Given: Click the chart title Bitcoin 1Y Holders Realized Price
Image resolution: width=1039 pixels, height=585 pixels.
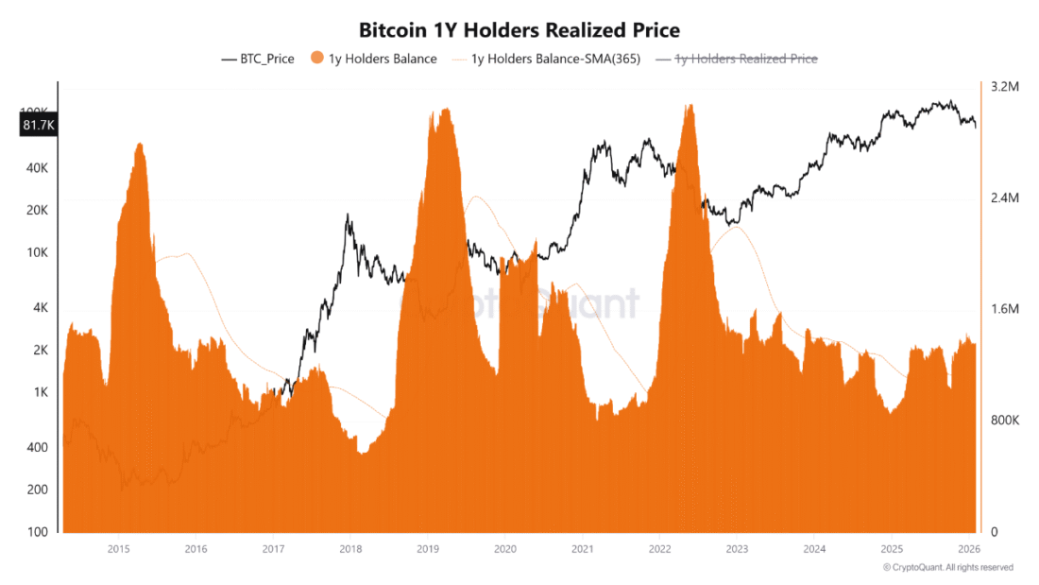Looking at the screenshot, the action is pyautogui.click(x=519, y=30).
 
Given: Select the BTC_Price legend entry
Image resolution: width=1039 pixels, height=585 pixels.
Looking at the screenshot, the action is pyautogui.click(x=258, y=59).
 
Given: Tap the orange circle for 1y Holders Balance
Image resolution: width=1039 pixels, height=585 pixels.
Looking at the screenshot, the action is pyautogui.click(x=317, y=58).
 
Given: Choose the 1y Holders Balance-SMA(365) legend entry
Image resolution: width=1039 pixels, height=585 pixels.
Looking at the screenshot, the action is pyautogui.click(x=546, y=59).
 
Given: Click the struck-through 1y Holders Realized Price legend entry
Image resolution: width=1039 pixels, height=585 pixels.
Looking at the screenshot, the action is pyautogui.click(x=736, y=59).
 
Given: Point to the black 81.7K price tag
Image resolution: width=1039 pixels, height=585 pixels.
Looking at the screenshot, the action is pyautogui.click(x=39, y=125).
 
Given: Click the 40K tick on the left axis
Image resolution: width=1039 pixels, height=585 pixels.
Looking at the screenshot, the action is pyautogui.click(x=37, y=168).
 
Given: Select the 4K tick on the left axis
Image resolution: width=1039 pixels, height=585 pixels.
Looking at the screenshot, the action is pyautogui.click(x=41, y=308).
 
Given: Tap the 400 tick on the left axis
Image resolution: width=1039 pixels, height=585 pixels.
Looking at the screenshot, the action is pyautogui.click(x=37, y=448).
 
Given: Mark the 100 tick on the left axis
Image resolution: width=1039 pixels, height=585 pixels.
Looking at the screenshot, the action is pyautogui.click(x=37, y=532).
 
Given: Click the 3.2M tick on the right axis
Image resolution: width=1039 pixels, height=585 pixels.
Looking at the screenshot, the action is pyautogui.click(x=1005, y=87).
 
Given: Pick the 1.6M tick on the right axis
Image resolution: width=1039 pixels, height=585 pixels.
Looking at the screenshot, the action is pyautogui.click(x=1005, y=309).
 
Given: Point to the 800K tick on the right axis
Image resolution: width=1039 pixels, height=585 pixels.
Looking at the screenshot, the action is pyautogui.click(x=1005, y=421).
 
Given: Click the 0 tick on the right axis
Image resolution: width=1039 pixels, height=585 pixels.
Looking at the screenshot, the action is pyautogui.click(x=994, y=532).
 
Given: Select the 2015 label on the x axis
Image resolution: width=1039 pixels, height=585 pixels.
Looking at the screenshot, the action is pyautogui.click(x=119, y=549).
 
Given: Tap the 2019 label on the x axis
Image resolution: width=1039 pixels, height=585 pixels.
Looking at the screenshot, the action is pyautogui.click(x=428, y=549).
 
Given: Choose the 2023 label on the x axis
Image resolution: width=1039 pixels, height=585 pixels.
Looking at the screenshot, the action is pyautogui.click(x=737, y=549).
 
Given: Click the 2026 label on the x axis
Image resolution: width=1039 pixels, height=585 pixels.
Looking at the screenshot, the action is pyautogui.click(x=969, y=549).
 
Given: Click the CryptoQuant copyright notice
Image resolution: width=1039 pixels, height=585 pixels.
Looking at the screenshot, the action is pyautogui.click(x=948, y=568).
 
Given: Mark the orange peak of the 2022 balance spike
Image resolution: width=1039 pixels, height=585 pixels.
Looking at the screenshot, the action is pyautogui.click(x=690, y=105).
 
